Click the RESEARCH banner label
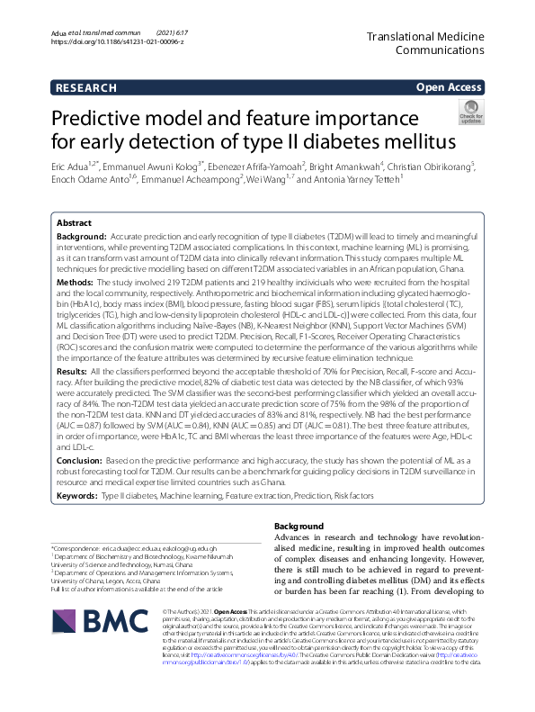[85, 87]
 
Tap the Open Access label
[449, 87]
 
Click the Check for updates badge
[470, 113]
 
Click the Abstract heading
[74, 222]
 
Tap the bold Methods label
[75, 283]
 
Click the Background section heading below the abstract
[298, 526]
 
